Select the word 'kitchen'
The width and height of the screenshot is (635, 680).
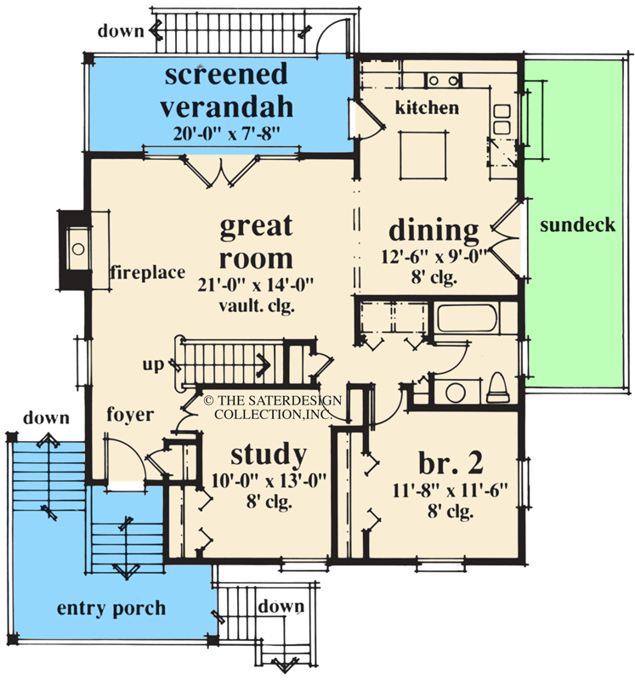tap(428, 108)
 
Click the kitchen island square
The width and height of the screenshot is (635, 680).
tap(422, 154)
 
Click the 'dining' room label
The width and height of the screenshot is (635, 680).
tap(434, 229)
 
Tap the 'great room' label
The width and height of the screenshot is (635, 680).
tap(256, 241)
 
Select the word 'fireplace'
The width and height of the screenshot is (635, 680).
tap(146, 273)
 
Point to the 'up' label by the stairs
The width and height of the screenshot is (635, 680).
tap(154, 364)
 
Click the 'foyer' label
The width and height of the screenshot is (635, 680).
tap(129, 415)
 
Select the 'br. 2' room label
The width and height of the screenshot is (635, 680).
tap(451, 462)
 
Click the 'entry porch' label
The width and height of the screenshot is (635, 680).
tap(111, 609)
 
